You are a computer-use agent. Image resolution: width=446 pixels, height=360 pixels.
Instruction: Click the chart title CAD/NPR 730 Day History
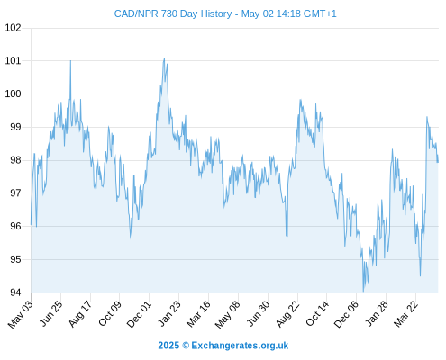(x=173, y=13)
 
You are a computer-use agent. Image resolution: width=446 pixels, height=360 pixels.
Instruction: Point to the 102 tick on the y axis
(x=14, y=28)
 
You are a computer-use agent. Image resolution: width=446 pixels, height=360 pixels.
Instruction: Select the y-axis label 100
(x=14, y=94)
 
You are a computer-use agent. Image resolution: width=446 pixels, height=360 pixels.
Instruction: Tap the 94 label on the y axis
(x=15, y=292)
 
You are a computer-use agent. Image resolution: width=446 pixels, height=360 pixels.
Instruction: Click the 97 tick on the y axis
(x=15, y=193)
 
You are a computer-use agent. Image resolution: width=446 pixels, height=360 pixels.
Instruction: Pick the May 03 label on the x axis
(x=21, y=314)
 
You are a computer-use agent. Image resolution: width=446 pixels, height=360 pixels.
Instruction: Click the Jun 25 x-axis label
(x=51, y=313)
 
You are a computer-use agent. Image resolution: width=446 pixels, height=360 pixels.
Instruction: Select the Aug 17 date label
(x=80, y=313)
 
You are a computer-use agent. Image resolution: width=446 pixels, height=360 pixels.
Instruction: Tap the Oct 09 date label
(x=110, y=313)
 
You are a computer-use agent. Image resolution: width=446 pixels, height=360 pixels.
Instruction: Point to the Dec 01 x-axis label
(x=139, y=314)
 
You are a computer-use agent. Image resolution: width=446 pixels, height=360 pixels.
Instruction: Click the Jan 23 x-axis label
(x=169, y=313)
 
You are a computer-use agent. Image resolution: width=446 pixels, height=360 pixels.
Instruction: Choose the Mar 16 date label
(x=198, y=314)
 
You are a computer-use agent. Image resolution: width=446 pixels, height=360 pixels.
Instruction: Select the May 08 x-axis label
(x=228, y=314)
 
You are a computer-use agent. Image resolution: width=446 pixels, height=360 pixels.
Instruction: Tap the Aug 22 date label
(x=287, y=313)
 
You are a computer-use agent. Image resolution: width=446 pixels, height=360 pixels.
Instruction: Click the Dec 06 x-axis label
(x=346, y=314)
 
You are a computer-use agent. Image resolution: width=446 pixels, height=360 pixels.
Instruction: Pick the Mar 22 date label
(x=405, y=313)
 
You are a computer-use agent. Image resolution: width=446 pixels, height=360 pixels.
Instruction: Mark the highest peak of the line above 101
(x=164, y=58)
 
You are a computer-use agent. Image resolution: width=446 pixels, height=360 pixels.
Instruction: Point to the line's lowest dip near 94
(x=363, y=292)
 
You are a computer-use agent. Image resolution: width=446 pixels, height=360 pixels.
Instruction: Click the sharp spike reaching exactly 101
(x=70, y=61)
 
